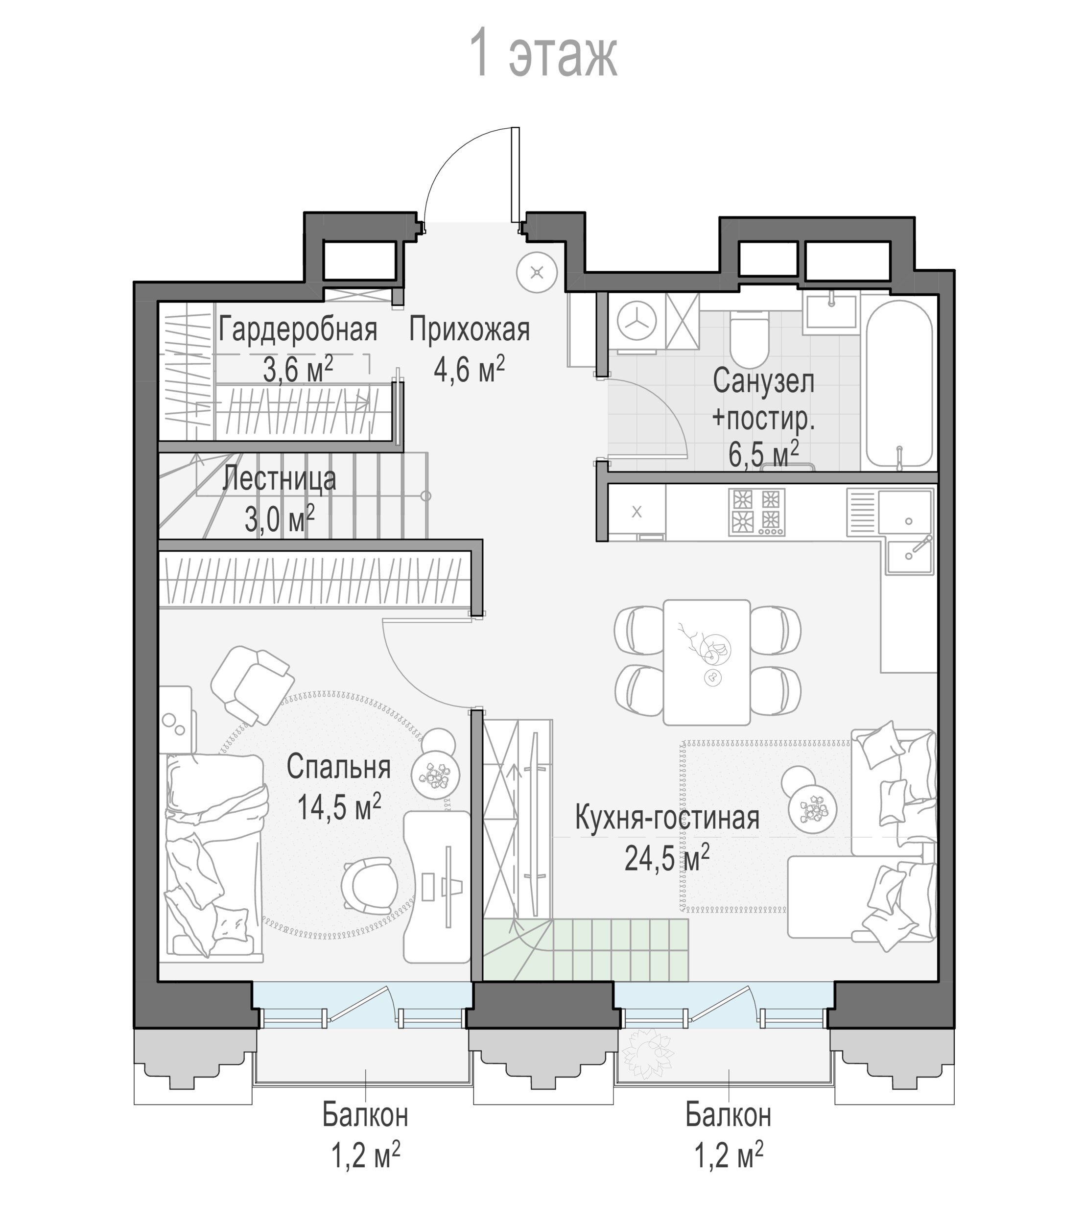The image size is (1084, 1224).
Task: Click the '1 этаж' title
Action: [x=543, y=53]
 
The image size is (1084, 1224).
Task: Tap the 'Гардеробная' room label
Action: [x=298, y=330]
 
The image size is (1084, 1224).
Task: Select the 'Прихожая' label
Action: [x=470, y=330]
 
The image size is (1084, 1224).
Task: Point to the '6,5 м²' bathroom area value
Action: [x=764, y=453]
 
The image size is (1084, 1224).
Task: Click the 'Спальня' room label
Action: [x=338, y=767]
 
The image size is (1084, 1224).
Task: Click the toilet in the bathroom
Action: [x=749, y=339]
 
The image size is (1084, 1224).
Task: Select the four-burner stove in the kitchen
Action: [x=756, y=513]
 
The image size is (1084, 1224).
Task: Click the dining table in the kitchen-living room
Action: [x=707, y=662]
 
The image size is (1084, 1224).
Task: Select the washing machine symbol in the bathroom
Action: [x=636, y=322]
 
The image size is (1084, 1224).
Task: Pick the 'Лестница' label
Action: [x=279, y=479]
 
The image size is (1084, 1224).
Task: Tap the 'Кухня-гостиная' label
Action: [x=667, y=818]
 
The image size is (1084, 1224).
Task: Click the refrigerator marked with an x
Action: [x=636, y=513]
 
